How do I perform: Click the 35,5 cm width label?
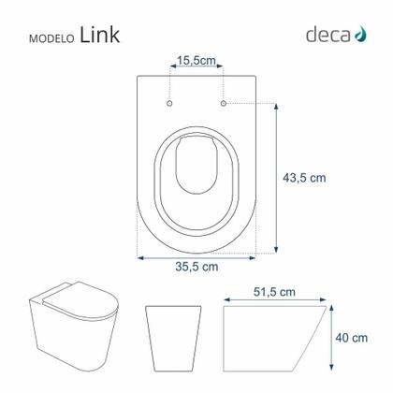click(x=196, y=266)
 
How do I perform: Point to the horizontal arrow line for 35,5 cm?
click(x=196, y=254)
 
